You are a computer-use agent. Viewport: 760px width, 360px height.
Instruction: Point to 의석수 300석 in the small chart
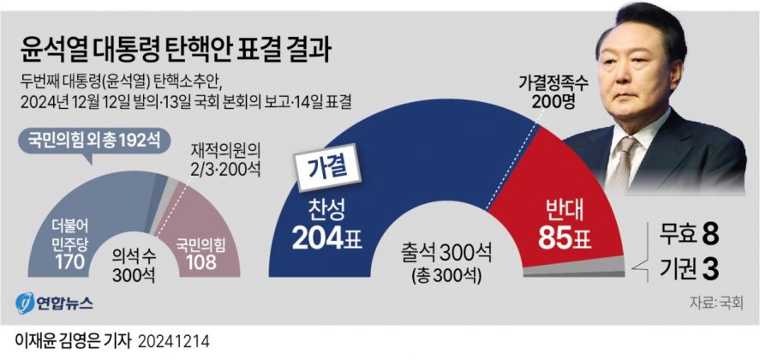tap(135, 262)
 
